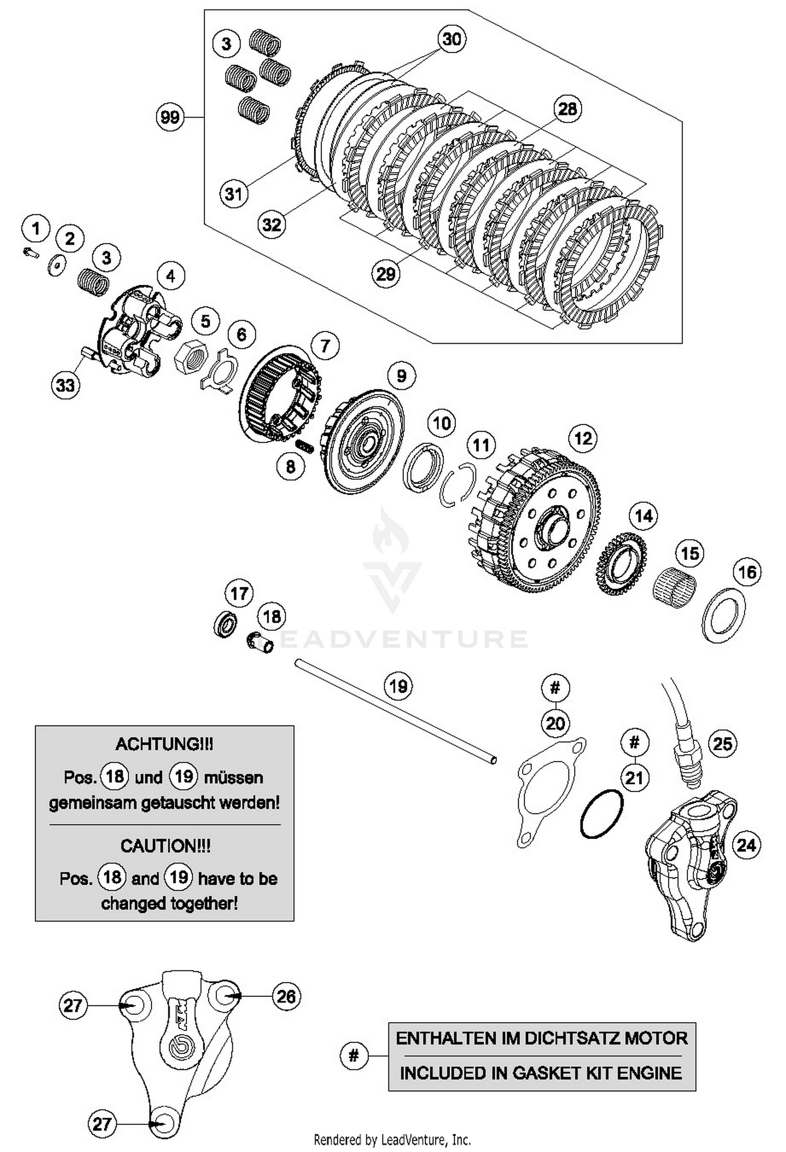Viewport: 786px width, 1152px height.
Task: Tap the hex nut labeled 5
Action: pyautogui.click(x=190, y=357)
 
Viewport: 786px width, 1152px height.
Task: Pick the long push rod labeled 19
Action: pyautogui.click(x=396, y=710)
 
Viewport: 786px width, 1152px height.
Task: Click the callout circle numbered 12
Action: pyautogui.click(x=583, y=438)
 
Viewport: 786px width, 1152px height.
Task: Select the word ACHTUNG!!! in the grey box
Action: pyautogui.click(x=165, y=744)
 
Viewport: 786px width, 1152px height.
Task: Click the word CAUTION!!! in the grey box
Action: pyautogui.click(x=165, y=846)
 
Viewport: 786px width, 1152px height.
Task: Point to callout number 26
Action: pyautogui.click(x=286, y=996)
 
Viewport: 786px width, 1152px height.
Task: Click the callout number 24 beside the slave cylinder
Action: pyautogui.click(x=746, y=844)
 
